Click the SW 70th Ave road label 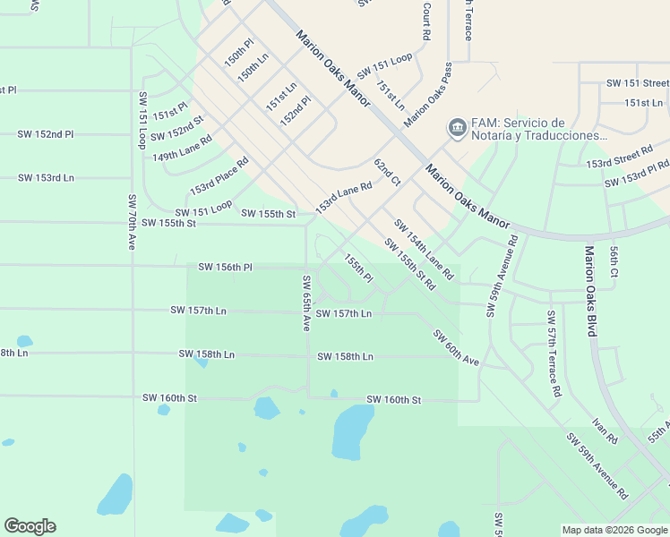point(131,222)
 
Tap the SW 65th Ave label point(305,304)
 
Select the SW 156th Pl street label point(226,267)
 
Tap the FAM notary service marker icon point(458,129)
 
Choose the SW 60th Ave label point(456,347)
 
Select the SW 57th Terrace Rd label point(554,354)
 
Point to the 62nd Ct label point(387,172)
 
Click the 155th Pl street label point(358,268)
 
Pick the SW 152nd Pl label point(45,134)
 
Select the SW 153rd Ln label point(46,177)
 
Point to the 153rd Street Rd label point(619,158)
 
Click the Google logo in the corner point(30,526)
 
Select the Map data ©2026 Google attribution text point(614,530)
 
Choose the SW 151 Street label point(637,83)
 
